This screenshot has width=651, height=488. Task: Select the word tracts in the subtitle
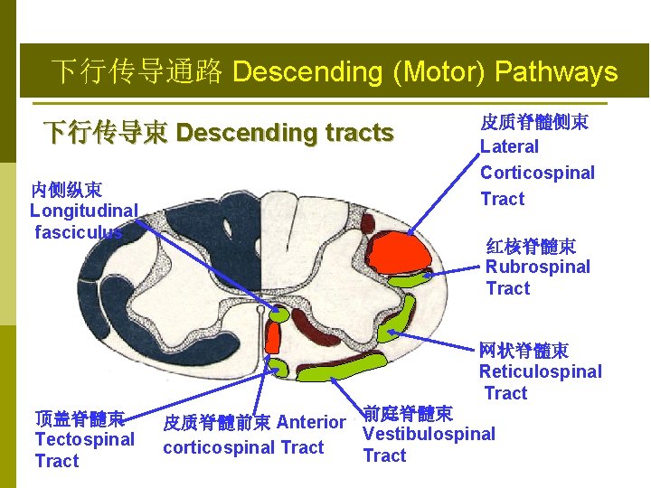[x=349, y=134]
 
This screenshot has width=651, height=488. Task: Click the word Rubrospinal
[x=537, y=267]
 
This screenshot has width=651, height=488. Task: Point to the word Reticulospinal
[x=540, y=371]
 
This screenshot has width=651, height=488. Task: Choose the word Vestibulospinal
[x=429, y=434]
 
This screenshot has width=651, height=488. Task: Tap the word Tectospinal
[x=84, y=439]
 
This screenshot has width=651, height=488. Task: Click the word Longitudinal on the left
[x=83, y=211]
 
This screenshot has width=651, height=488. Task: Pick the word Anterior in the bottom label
[x=311, y=422]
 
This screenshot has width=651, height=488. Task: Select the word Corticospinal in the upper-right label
[x=537, y=173]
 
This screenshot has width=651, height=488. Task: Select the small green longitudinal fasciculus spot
[x=278, y=315]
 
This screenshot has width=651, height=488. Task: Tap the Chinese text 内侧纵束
[x=66, y=190]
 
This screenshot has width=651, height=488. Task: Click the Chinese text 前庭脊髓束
[x=408, y=414]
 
